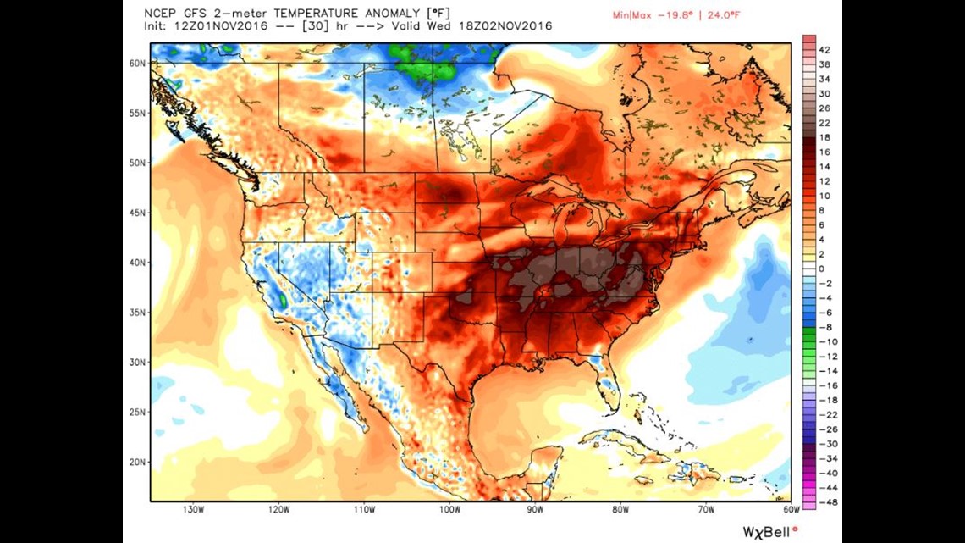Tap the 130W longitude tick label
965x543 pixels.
coord(193,509)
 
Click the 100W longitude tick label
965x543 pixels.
coord(449,509)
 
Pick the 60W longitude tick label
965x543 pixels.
coord(791,509)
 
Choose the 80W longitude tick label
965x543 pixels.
coord(620,509)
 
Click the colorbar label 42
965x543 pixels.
coord(824,50)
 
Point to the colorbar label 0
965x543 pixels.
coord(822,269)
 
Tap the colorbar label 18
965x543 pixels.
coord(824,137)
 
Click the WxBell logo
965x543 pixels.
coord(769,531)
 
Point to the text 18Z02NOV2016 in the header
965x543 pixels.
coord(510,26)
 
